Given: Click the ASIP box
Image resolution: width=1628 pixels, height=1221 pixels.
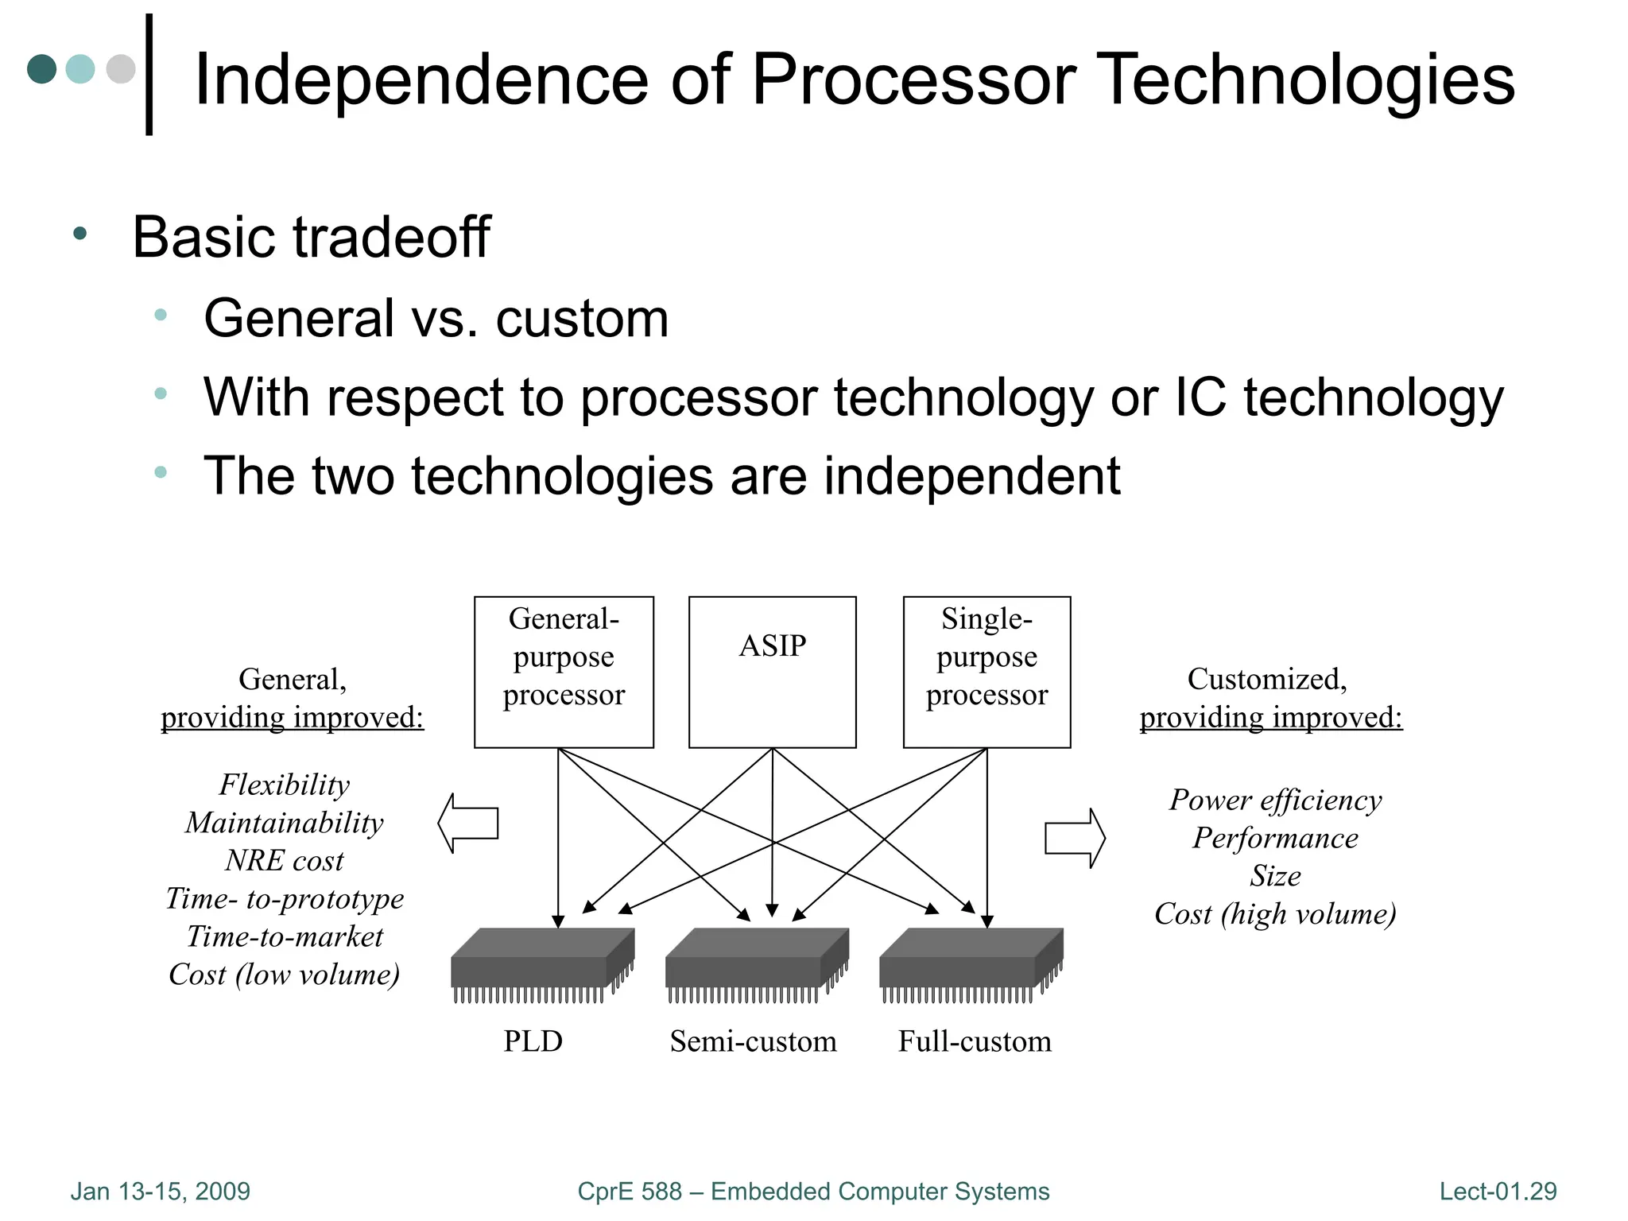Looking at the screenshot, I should (772, 672).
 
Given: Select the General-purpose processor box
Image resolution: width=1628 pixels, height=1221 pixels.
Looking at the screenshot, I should (564, 672).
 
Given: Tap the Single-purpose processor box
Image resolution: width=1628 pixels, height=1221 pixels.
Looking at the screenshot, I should (986, 672).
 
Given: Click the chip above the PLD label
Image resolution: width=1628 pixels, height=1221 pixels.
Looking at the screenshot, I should (543, 963).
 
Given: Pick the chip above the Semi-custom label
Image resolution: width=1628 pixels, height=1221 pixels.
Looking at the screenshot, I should (757, 963).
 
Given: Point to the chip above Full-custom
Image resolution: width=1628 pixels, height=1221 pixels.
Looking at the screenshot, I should (971, 963).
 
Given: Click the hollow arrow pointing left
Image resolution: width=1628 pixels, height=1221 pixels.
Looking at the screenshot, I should (468, 823).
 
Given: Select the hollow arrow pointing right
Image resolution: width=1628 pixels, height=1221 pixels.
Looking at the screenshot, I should (1075, 838).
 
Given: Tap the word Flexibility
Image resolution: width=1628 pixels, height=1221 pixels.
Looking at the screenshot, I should (285, 785).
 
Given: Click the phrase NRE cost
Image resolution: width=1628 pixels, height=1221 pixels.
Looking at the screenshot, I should (285, 861).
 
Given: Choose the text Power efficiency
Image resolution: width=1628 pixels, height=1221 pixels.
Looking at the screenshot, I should (1275, 800).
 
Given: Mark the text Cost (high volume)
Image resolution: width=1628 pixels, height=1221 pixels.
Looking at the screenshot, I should (1275, 914).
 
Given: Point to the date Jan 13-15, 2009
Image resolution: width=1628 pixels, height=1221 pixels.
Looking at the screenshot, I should (161, 1191).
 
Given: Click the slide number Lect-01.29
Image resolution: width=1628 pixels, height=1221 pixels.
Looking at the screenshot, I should (1498, 1191).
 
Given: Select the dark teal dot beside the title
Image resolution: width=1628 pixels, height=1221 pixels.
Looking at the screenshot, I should (42, 69).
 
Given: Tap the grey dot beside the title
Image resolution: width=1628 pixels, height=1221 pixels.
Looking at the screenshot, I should (121, 69).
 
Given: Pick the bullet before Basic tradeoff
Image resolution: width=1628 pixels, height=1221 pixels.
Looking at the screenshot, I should (79, 235).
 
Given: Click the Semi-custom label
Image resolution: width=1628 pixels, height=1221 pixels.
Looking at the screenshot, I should (753, 1041).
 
